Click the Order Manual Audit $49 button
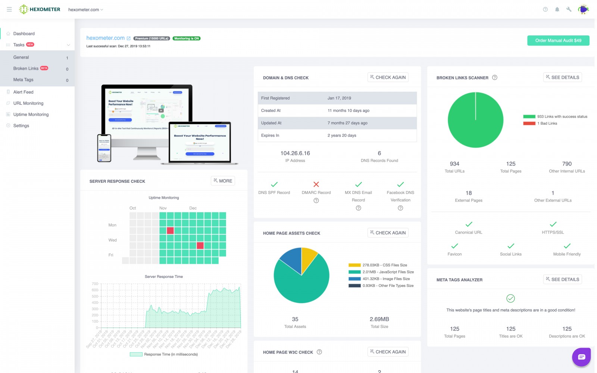(558, 40)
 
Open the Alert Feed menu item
(23, 92)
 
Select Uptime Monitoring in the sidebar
(31, 115)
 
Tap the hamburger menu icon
(9, 9)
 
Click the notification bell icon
(557, 9)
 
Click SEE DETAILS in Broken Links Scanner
(562, 77)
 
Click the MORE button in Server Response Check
(223, 181)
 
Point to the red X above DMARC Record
(316, 184)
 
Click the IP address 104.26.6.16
(295, 153)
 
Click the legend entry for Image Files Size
(386, 279)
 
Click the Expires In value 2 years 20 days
(341, 135)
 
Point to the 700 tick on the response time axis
(95, 284)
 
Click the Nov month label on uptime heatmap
(163, 208)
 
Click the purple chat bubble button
(581, 357)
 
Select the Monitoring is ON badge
(187, 38)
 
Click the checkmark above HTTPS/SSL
(553, 224)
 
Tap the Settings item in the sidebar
(21, 126)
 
